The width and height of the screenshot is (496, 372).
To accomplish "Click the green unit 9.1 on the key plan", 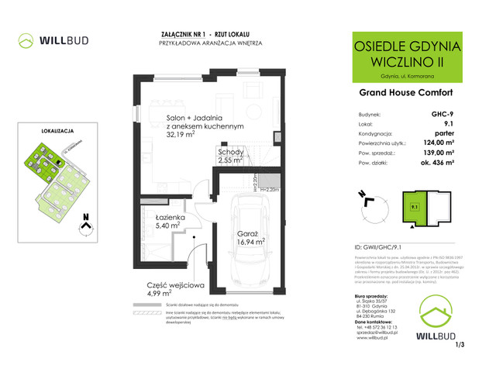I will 414,207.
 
